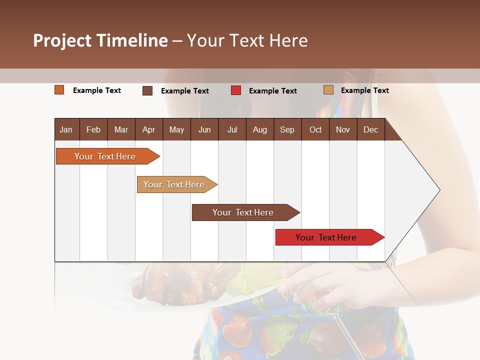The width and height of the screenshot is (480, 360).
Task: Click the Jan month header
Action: pyautogui.click(x=66, y=129)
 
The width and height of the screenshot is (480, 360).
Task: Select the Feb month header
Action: pyautogui.click(x=93, y=129)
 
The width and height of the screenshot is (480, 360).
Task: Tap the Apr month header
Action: pyautogui.click(x=148, y=129)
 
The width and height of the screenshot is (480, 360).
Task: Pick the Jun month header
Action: pyautogui.click(x=204, y=129)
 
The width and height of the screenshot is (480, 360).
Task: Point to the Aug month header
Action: pyautogui.click(x=259, y=129)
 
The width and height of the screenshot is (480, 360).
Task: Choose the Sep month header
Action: pyautogui.click(x=287, y=129)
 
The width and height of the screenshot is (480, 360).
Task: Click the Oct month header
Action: pyautogui.click(x=315, y=129)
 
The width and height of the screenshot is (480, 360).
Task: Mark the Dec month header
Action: pyautogui.click(x=370, y=129)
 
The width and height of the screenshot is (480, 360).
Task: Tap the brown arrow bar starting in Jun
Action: pyautogui.click(x=243, y=212)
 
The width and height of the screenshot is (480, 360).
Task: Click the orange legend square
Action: pyautogui.click(x=59, y=90)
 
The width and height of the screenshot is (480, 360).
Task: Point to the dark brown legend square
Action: pyautogui.click(x=147, y=90)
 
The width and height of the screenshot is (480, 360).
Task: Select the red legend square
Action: pyautogui.click(x=236, y=90)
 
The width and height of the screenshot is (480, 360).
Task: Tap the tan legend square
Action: pyautogui.click(x=328, y=90)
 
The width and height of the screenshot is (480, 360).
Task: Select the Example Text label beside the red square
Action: pyautogui.click(x=273, y=91)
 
